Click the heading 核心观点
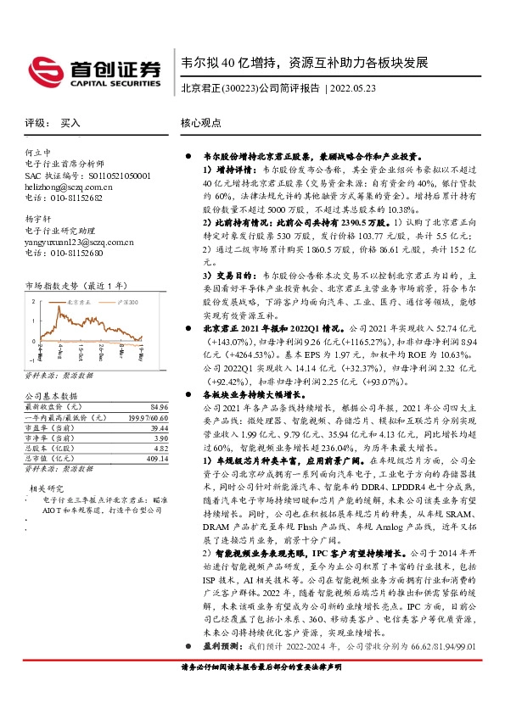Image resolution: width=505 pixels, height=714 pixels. click(x=202, y=122)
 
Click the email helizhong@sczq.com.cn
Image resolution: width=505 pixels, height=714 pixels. click(x=69, y=186)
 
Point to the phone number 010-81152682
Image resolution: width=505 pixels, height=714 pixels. click(x=72, y=197)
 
